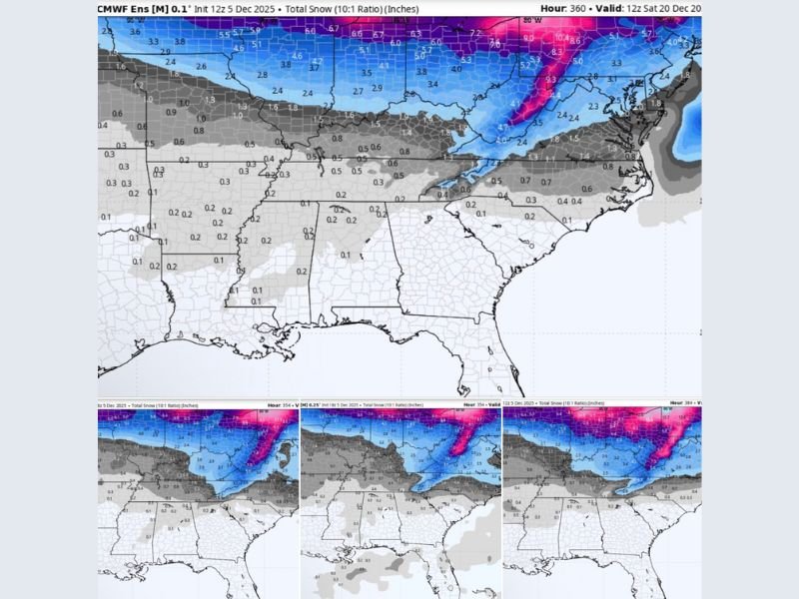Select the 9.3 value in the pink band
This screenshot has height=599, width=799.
549,78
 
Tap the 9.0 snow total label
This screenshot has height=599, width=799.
527,38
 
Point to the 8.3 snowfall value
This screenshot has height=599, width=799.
557,50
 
